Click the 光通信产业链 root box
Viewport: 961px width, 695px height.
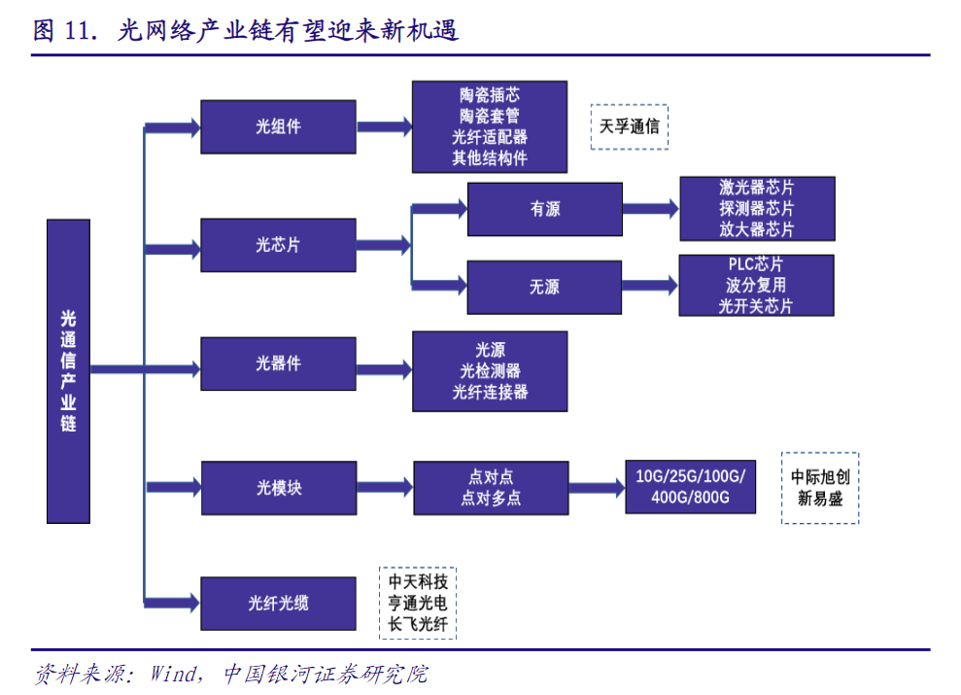pyautogui.click(x=68, y=370)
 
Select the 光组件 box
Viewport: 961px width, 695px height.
pyautogui.click(x=278, y=126)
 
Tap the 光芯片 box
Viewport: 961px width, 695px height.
pyautogui.click(x=278, y=245)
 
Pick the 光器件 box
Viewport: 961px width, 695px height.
pyautogui.click(x=278, y=364)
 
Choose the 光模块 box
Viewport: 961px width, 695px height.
pyautogui.click(x=278, y=488)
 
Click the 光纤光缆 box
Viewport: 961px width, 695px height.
pyautogui.click(x=278, y=604)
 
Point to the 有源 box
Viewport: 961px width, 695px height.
pyautogui.click(x=544, y=209)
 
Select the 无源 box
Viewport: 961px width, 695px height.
pyautogui.click(x=544, y=287)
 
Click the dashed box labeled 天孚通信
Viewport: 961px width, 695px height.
pyautogui.click(x=629, y=126)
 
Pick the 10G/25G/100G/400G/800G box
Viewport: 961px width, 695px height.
pyautogui.click(x=690, y=487)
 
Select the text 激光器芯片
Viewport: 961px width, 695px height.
pyautogui.click(x=756, y=188)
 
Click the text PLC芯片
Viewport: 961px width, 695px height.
pyautogui.click(x=756, y=264)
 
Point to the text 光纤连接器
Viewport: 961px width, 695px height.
pyautogui.click(x=490, y=392)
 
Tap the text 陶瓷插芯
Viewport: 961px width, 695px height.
pyautogui.click(x=490, y=95)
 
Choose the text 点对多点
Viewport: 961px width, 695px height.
pyautogui.click(x=490, y=499)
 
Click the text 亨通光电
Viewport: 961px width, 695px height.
pyautogui.click(x=418, y=603)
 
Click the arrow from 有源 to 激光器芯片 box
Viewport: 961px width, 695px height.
pyautogui.click(x=650, y=209)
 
